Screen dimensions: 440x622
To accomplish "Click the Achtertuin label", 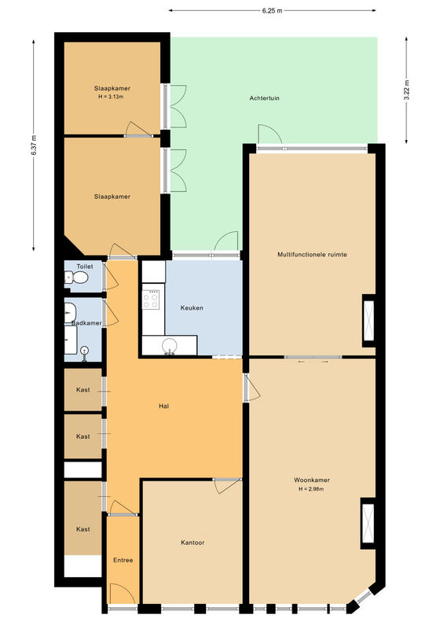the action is [265, 98].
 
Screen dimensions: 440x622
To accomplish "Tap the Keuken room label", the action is [192, 307].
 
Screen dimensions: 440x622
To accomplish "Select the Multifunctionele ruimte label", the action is [313, 255].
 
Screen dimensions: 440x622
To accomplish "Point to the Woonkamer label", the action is [312, 480].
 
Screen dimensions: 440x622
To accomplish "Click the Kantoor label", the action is [192, 543].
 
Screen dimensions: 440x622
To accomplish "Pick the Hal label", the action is [163, 407].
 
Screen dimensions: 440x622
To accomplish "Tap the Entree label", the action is [123, 560].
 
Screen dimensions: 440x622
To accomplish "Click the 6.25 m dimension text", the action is [273, 11].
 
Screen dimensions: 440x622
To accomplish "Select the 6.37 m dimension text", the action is [34, 145].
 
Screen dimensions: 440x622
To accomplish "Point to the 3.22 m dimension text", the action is [407, 90].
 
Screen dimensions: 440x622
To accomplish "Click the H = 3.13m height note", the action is [111, 97].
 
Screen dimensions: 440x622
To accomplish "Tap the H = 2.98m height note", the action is [311, 489].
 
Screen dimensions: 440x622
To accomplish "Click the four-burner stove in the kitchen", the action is [151, 300].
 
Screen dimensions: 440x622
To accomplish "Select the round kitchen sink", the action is [170, 345].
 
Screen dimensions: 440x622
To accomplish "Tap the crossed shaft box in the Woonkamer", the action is [368, 524].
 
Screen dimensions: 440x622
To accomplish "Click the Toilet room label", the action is [85, 267].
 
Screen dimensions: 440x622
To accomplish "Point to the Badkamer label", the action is [86, 323].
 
